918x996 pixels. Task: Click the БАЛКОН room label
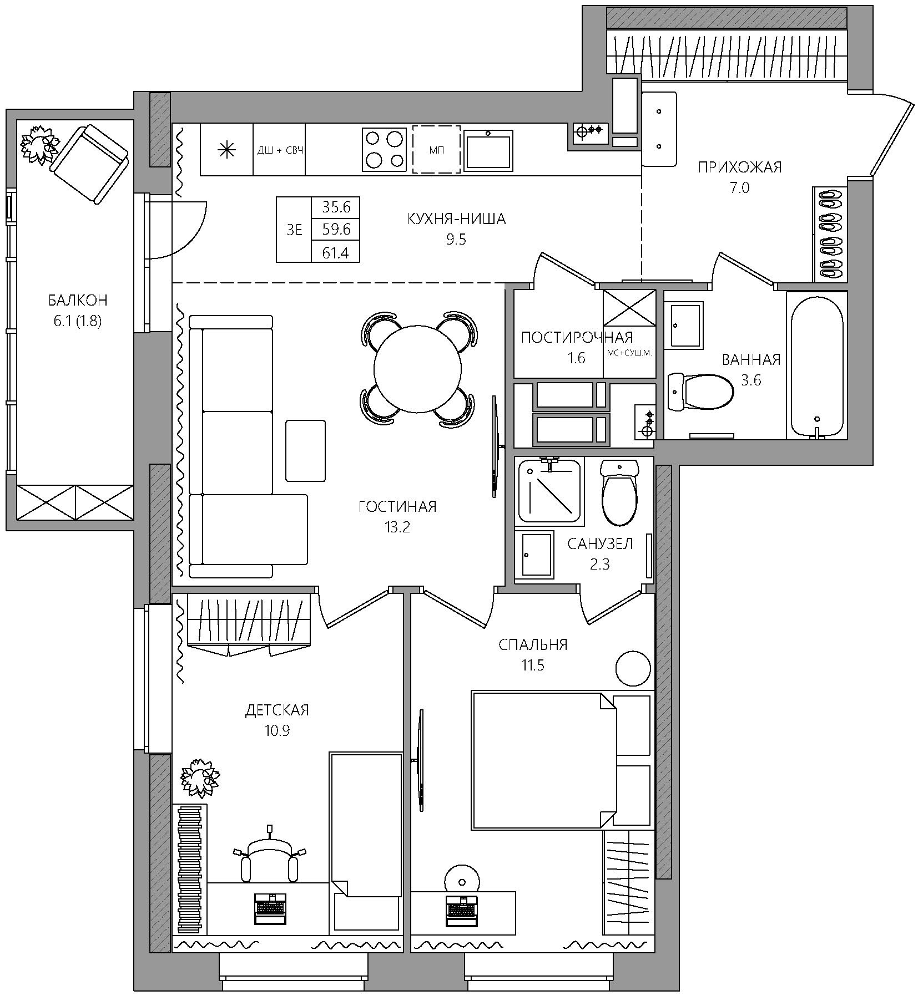pos(77,300)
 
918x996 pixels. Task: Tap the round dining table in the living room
pos(417,369)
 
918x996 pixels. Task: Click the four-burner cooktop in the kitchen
pos(383,149)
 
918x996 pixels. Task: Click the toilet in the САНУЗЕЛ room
pos(619,493)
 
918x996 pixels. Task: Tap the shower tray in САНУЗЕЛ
pos(550,491)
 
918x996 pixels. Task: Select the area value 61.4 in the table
pos(336,253)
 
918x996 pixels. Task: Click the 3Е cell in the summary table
pos(294,230)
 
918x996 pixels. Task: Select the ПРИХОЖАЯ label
pos(740,167)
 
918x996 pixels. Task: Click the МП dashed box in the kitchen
pos(436,149)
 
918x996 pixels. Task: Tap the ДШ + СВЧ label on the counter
pos(280,150)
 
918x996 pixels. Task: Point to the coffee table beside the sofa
pos(305,451)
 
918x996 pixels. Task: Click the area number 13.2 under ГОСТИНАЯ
pos(397,527)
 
